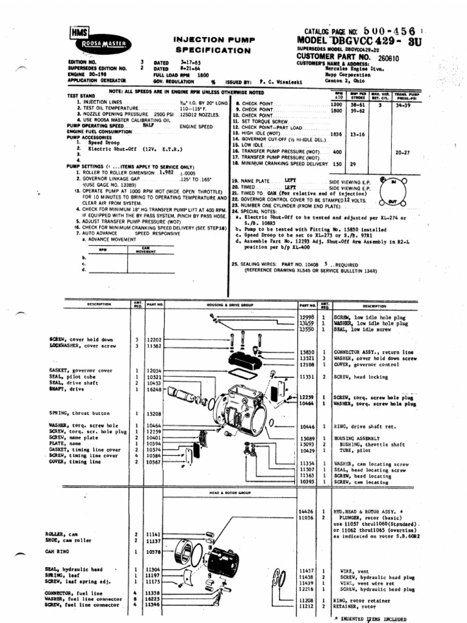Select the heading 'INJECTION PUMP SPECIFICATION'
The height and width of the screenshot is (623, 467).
[x=215, y=44]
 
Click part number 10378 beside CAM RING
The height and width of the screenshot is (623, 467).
[x=154, y=552]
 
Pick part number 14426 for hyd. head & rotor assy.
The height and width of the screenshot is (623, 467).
[x=306, y=511]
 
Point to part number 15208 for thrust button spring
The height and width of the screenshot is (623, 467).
[x=154, y=413]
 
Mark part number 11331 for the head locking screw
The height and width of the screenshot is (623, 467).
[x=307, y=377]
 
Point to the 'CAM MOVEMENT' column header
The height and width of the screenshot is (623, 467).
[x=145, y=249]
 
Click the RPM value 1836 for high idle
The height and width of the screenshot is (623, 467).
[x=336, y=133]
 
